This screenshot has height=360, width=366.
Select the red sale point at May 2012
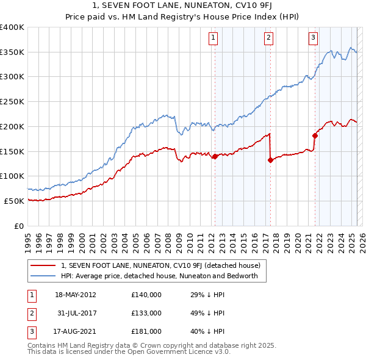pyautogui.click(x=215, y=157)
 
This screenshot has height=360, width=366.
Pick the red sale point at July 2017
pyautogui.click(x=270, y=160)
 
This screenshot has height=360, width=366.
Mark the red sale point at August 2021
pyautogui.click(x=315, y=135)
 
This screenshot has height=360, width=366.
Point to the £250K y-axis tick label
pyautogui.click(x=12, y=102)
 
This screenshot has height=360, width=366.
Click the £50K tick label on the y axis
pyautogui.click(x=14, y=201)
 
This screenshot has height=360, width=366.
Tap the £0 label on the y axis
pyautogui.click(x=18, y=226)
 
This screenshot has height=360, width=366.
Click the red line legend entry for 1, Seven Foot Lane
pyautogui.click(x=160, y=265)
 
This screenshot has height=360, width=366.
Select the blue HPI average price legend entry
pyautogui.click(x=159, y=276)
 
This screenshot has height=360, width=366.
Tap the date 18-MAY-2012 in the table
pyautogui.click(x=75, y=295)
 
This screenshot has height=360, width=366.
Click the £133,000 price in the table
pyautogui.click(x=146, y=313)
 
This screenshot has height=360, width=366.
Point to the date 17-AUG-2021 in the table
pyautogui.click(x=75, y=331)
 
